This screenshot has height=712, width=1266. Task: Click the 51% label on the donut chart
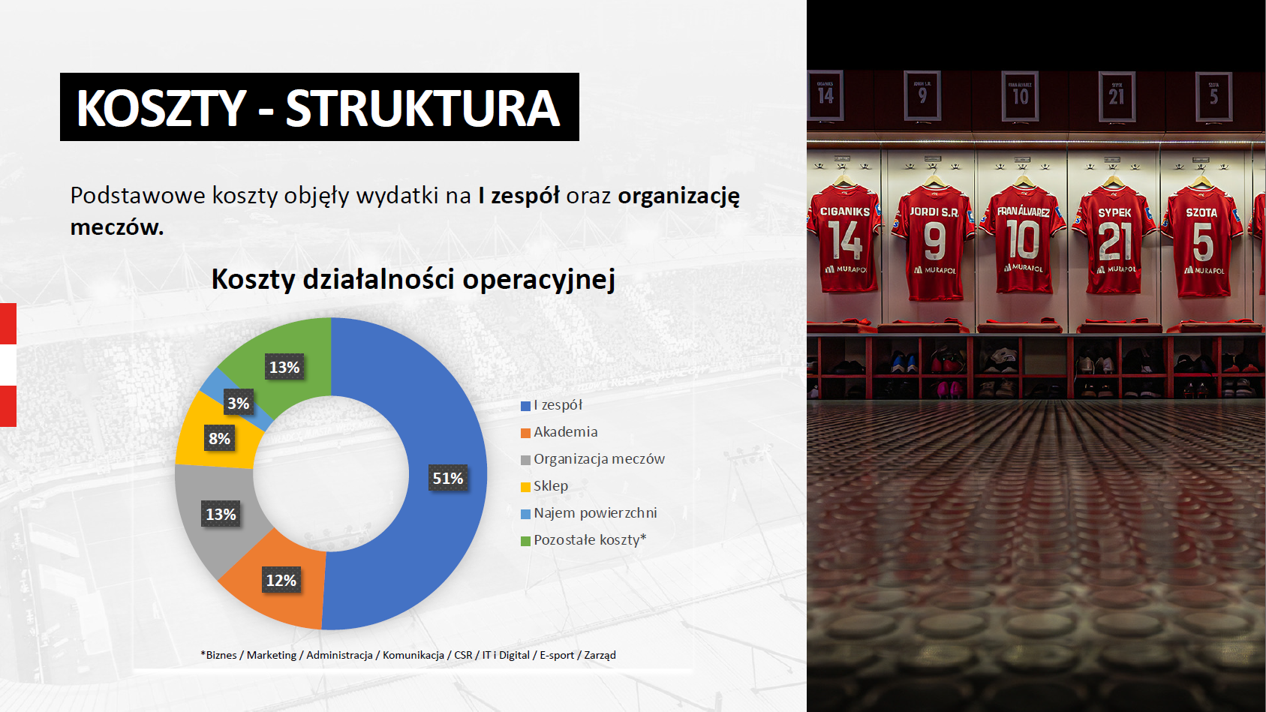click(448, 478)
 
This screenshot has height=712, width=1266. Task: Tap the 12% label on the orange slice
click(281, 580)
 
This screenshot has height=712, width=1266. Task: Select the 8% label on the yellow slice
click(219, 438)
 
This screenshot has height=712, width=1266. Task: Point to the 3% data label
click(239, 403)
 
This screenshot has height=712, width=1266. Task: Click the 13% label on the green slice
click(284, 368)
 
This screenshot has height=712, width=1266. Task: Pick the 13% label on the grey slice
click(221, 514)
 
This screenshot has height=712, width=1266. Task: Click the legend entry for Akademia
click(559, 432)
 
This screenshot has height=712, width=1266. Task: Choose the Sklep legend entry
click(544, 486)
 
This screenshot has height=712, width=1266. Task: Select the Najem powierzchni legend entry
click(589, 513)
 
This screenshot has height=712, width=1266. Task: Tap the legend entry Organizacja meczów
click(593, 459)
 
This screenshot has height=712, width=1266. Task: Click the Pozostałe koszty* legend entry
click(583, 539)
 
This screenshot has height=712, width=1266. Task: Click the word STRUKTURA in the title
click(423, 108)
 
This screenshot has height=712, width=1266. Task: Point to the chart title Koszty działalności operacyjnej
click(413, 279)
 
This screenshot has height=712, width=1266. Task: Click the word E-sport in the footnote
click(557, 655)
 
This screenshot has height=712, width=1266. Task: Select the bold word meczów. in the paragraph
click(117, 227)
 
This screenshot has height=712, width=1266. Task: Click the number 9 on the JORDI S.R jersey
click(935, 241)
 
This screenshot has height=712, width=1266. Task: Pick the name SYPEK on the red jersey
click(1114, 212)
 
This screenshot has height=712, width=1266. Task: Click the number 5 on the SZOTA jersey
click(1203, 242)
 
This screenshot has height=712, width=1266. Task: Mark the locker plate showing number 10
click(1020, 96)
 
